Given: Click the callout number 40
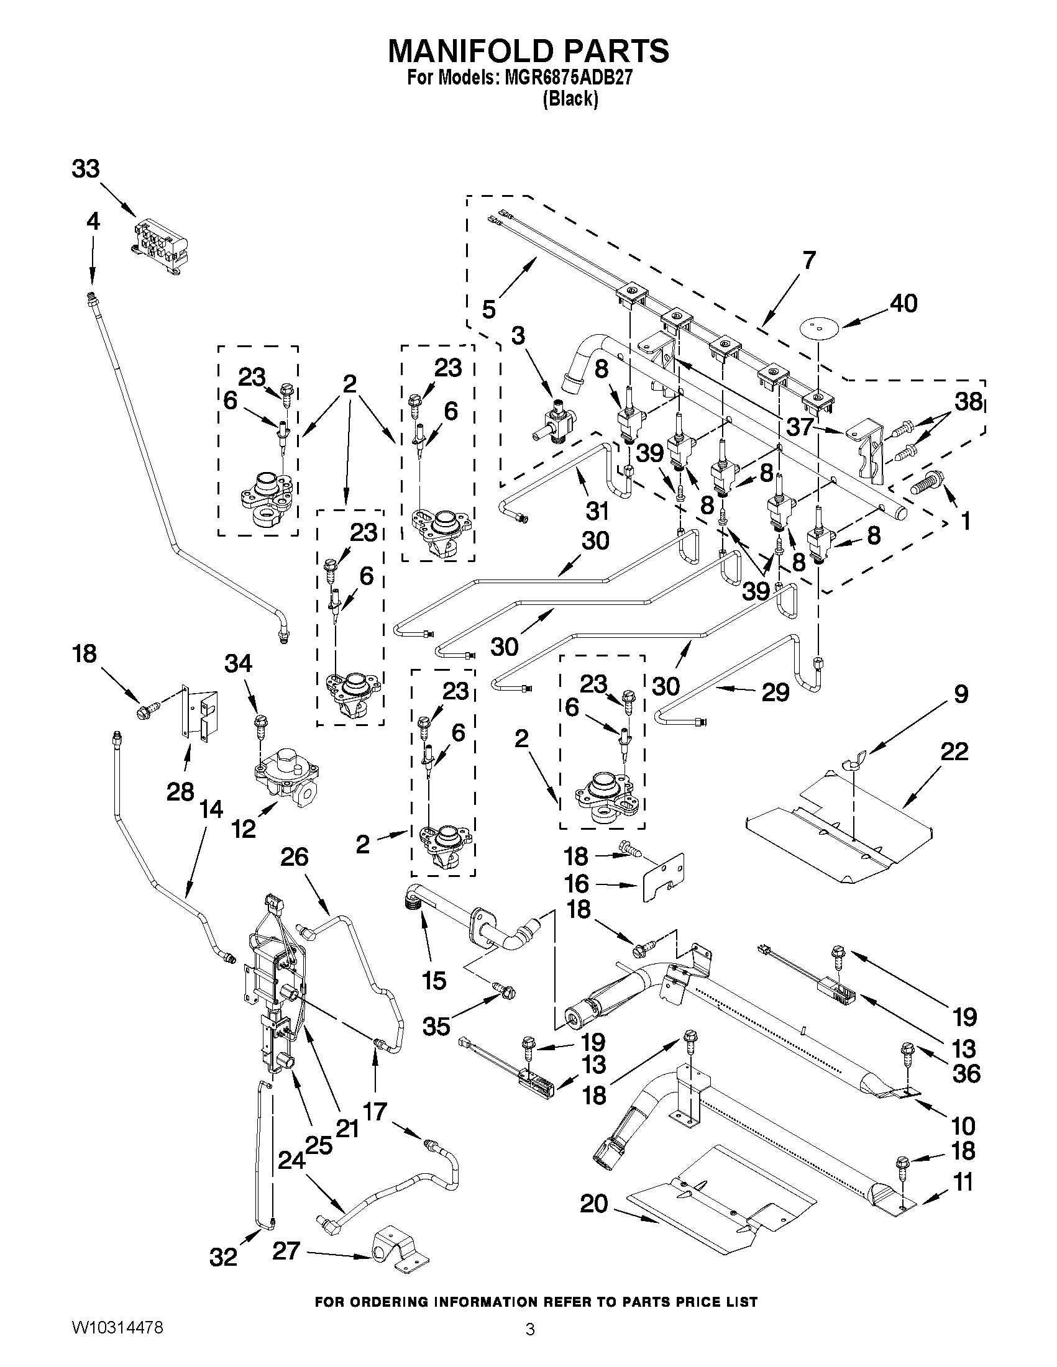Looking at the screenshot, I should click(904, 303).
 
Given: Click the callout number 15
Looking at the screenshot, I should click(434, 980).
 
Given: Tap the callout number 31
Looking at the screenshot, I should click(597, 511).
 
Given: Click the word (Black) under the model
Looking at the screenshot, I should click(570, 98).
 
